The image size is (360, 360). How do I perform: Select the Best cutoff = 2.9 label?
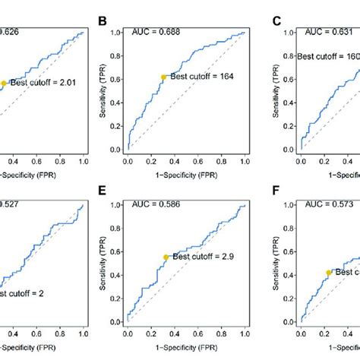(200, 257)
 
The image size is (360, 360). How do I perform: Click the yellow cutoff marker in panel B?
(163, 77)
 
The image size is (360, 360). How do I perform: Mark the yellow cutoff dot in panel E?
(166, 257)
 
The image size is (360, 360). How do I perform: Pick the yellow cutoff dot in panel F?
(328, 272)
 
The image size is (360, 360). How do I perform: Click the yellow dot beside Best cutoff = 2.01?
(4, 84)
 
